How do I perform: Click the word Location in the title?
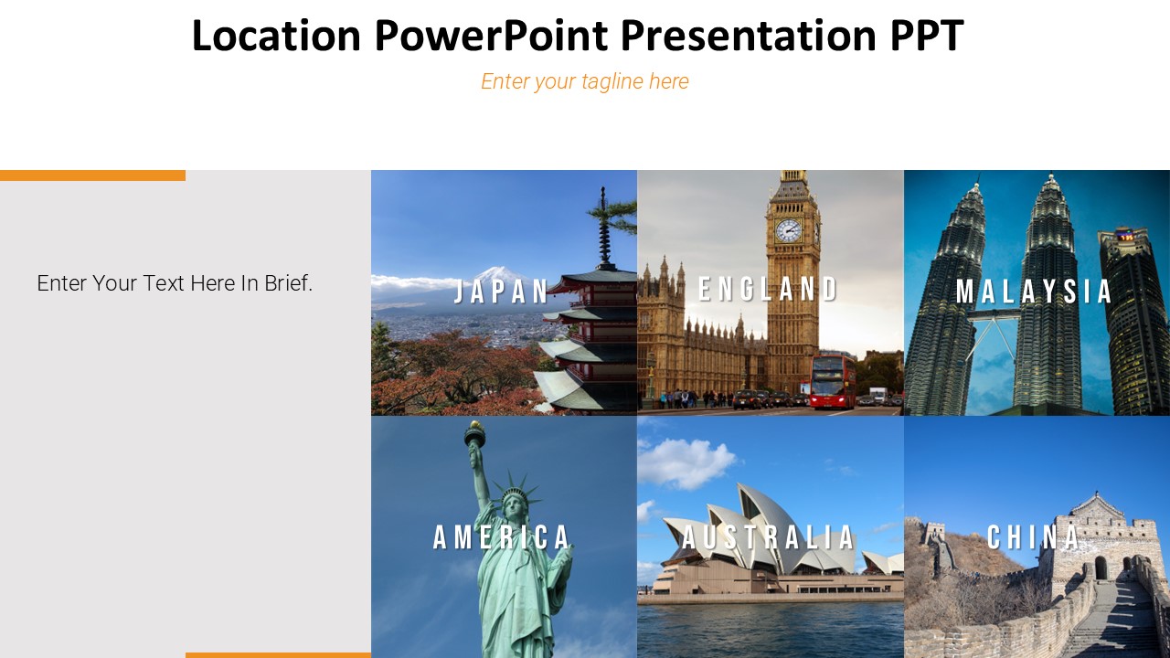[x=276, y=37]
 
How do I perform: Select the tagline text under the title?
[x=585, y=81]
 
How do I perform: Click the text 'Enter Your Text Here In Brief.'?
[x=175, y=283]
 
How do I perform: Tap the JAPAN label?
[x=503, y=292]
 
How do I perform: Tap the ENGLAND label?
[x=768, y=290]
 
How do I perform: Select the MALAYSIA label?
[x=1034, y=292]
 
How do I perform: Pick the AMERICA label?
[x=503, y=537]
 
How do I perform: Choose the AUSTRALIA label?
[x=769, y=537]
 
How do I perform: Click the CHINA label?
[x=1034, y=537]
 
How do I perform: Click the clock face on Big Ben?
[x=788, y=230]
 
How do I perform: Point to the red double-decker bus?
[x=833, y=380]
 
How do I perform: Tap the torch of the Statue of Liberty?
[x=473, y=433]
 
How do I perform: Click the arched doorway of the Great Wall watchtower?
[x=1101, y=568]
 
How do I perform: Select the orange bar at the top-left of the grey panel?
[x=92, y=175]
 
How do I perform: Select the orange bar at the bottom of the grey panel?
[x=278, y=654]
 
